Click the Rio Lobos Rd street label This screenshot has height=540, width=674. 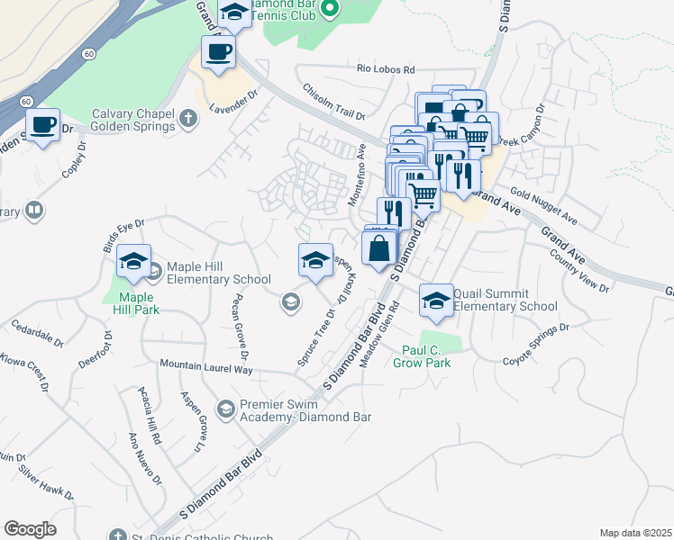(386, 69)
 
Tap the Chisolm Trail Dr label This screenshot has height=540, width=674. (333, 103)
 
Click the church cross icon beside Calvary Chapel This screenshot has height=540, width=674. (188, 118)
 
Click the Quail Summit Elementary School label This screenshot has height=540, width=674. (505, 300)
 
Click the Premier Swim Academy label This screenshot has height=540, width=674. (293, 409)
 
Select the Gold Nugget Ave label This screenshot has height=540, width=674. (543, 206)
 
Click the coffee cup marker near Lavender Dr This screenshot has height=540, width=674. (218, 52)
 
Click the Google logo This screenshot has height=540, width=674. (30, 529)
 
